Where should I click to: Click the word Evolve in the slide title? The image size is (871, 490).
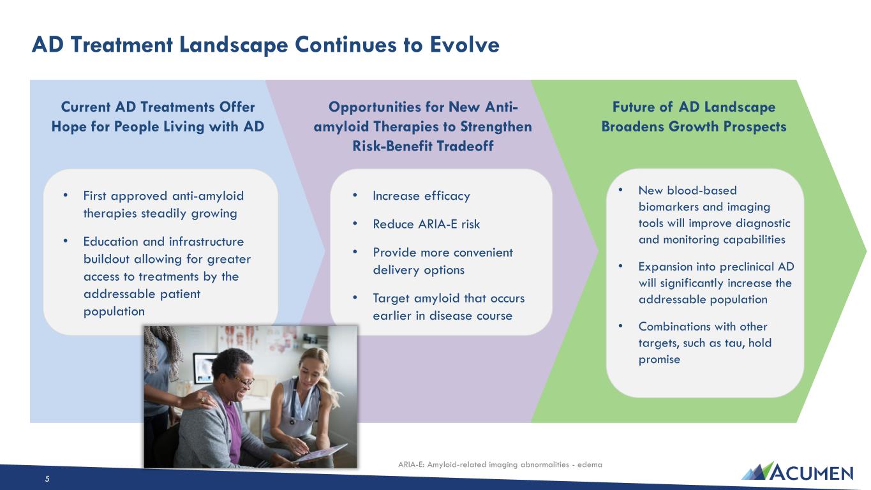coord(465,44)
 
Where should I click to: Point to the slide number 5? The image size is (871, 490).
coord(47,479)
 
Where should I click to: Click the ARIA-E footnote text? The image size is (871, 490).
coord(500,464)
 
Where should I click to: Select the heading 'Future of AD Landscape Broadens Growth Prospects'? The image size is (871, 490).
coord(694,117)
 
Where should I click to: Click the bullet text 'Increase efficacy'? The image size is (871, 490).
coord(422,196)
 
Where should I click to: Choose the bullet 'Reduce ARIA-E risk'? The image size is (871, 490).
coord(426,224)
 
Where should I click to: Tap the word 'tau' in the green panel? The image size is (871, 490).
coord(733,343)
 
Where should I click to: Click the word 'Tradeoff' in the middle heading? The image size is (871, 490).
coord(465,146)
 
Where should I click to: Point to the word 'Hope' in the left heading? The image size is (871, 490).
coord(69,127)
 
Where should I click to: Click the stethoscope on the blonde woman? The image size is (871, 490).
coord(299,401)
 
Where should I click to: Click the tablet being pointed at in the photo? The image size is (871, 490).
coord(320,453)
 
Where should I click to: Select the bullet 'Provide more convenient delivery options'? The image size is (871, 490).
coord(443,261)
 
